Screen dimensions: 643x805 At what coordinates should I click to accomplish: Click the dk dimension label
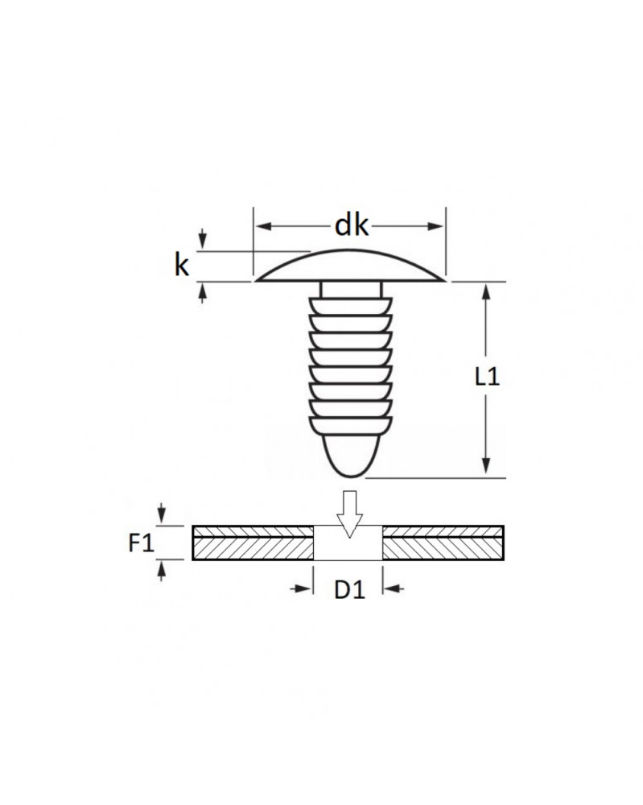click(352, 225)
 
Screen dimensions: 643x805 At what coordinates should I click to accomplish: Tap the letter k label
click(182, 266)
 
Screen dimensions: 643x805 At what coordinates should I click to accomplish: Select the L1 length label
click(487, 378)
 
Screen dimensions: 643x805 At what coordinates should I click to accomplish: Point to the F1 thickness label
click(141, 543)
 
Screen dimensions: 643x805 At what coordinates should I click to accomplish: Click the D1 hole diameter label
click(349, 590)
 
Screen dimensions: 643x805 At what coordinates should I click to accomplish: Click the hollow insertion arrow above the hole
click(349, 514)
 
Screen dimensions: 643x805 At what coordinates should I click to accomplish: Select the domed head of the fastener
click(351, 266)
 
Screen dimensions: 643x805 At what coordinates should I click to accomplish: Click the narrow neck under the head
click(351, 289)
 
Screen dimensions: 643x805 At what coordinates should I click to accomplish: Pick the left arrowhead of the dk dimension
click(263, 226)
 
